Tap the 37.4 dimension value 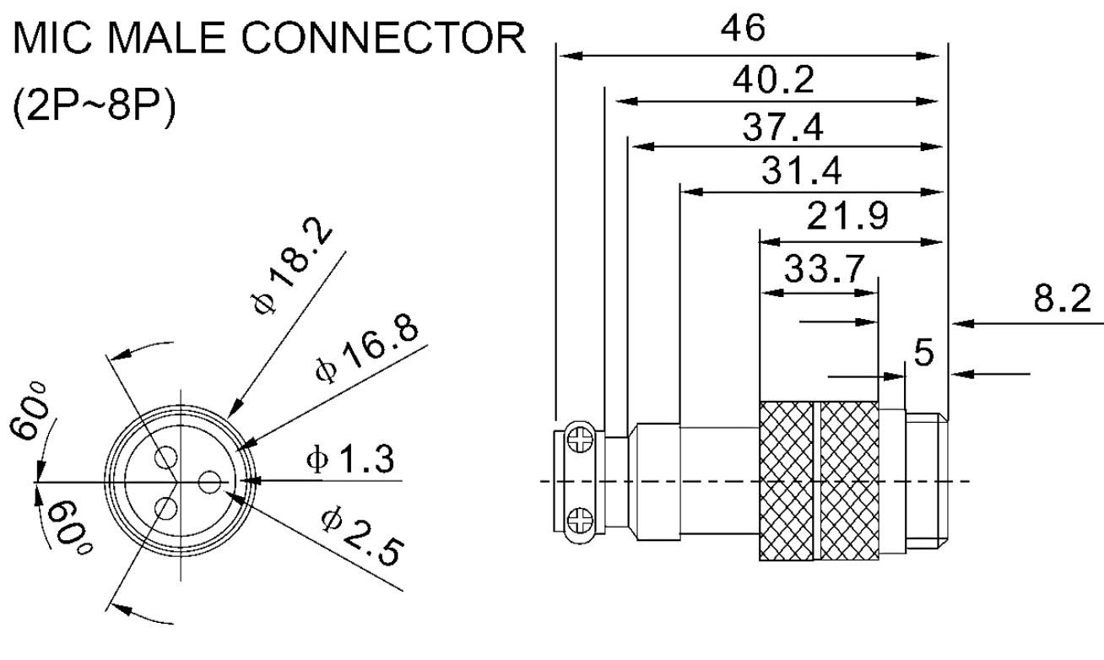click(x=784, y=127)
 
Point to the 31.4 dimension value click(x=803, y=173)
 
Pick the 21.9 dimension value click(x=847, y=219)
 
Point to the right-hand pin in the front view click(x=209, y=481)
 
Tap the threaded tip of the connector click(x=927, y=482)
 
